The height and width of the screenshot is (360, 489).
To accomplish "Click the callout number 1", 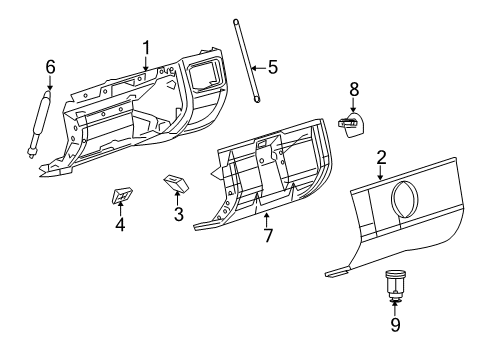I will click(146, 47).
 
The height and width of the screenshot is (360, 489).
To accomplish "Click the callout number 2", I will click(381, 157).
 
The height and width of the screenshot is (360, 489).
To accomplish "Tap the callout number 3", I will click(179, 215).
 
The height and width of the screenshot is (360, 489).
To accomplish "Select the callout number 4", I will click(120, 224).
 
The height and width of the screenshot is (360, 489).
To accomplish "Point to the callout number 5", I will click(271, 69).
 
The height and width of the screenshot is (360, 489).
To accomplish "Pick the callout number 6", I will click(50, 67).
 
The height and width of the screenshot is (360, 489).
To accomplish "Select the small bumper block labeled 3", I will click(176, 183).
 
